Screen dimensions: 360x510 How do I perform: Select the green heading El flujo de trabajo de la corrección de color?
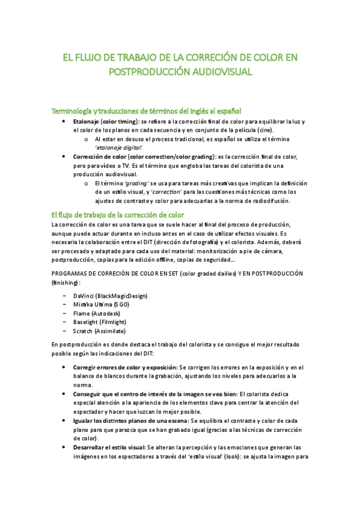point(118,215)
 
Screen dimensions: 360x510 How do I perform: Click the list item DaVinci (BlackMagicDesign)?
point(110,296)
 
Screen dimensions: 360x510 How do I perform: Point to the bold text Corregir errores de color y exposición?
point(125,367)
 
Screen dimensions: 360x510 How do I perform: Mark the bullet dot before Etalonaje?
point(64,121)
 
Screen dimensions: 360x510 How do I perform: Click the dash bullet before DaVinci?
point(64,296)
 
